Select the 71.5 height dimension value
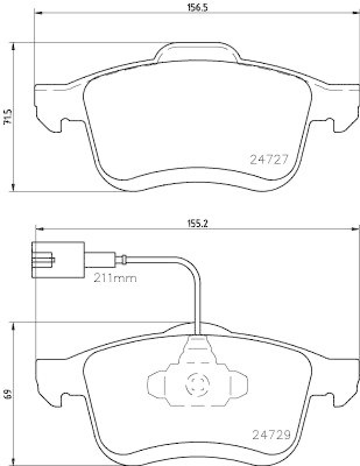click(7, 116)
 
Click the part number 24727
click(269, 159)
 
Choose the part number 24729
click(271, 434)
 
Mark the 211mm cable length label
click(115, 278)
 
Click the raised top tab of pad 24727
click(195, 51)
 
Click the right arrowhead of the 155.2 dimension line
click(357, 229)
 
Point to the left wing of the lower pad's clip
click(156, 385)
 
